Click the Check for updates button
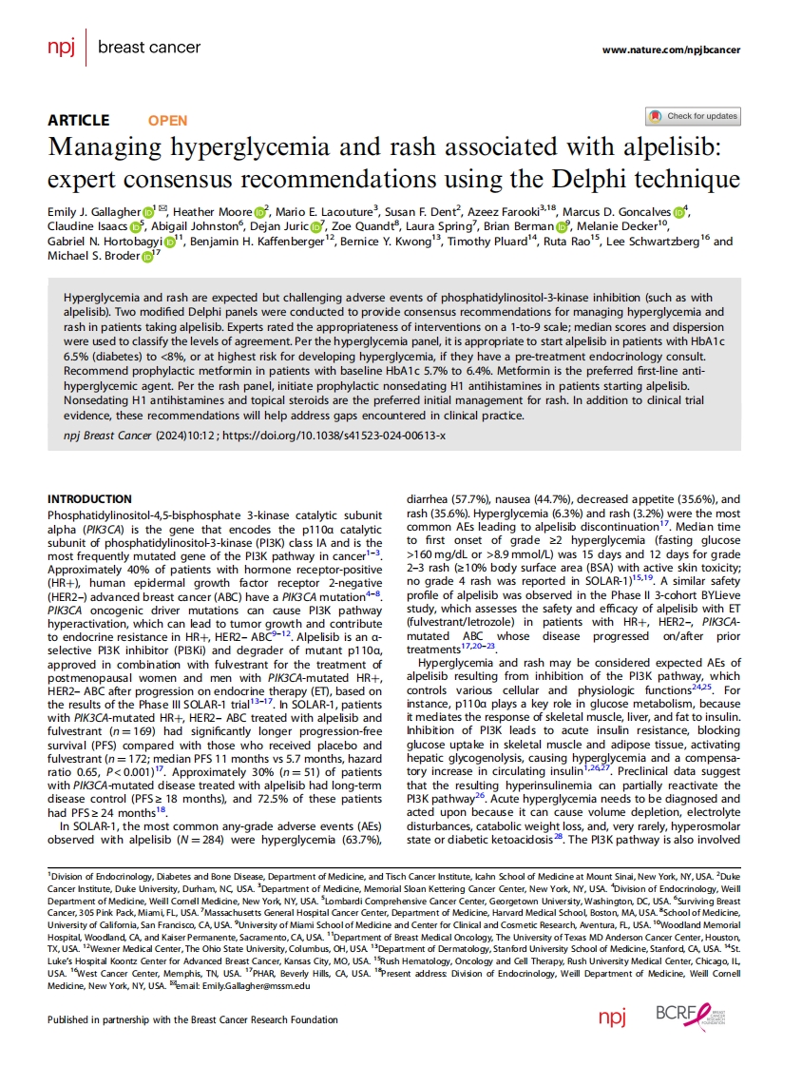pyautogui.click(x=692, y=116)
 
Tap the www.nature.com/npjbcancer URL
pyautogui.click(x=671, y=49)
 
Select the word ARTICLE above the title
pyautogui.click(x=79, y=121)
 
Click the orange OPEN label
pyautogui.click(x=167, y=121)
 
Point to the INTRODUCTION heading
pyautogui.click(x=89, y=499)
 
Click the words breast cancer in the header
pyautogui.click(x=149, y=48)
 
